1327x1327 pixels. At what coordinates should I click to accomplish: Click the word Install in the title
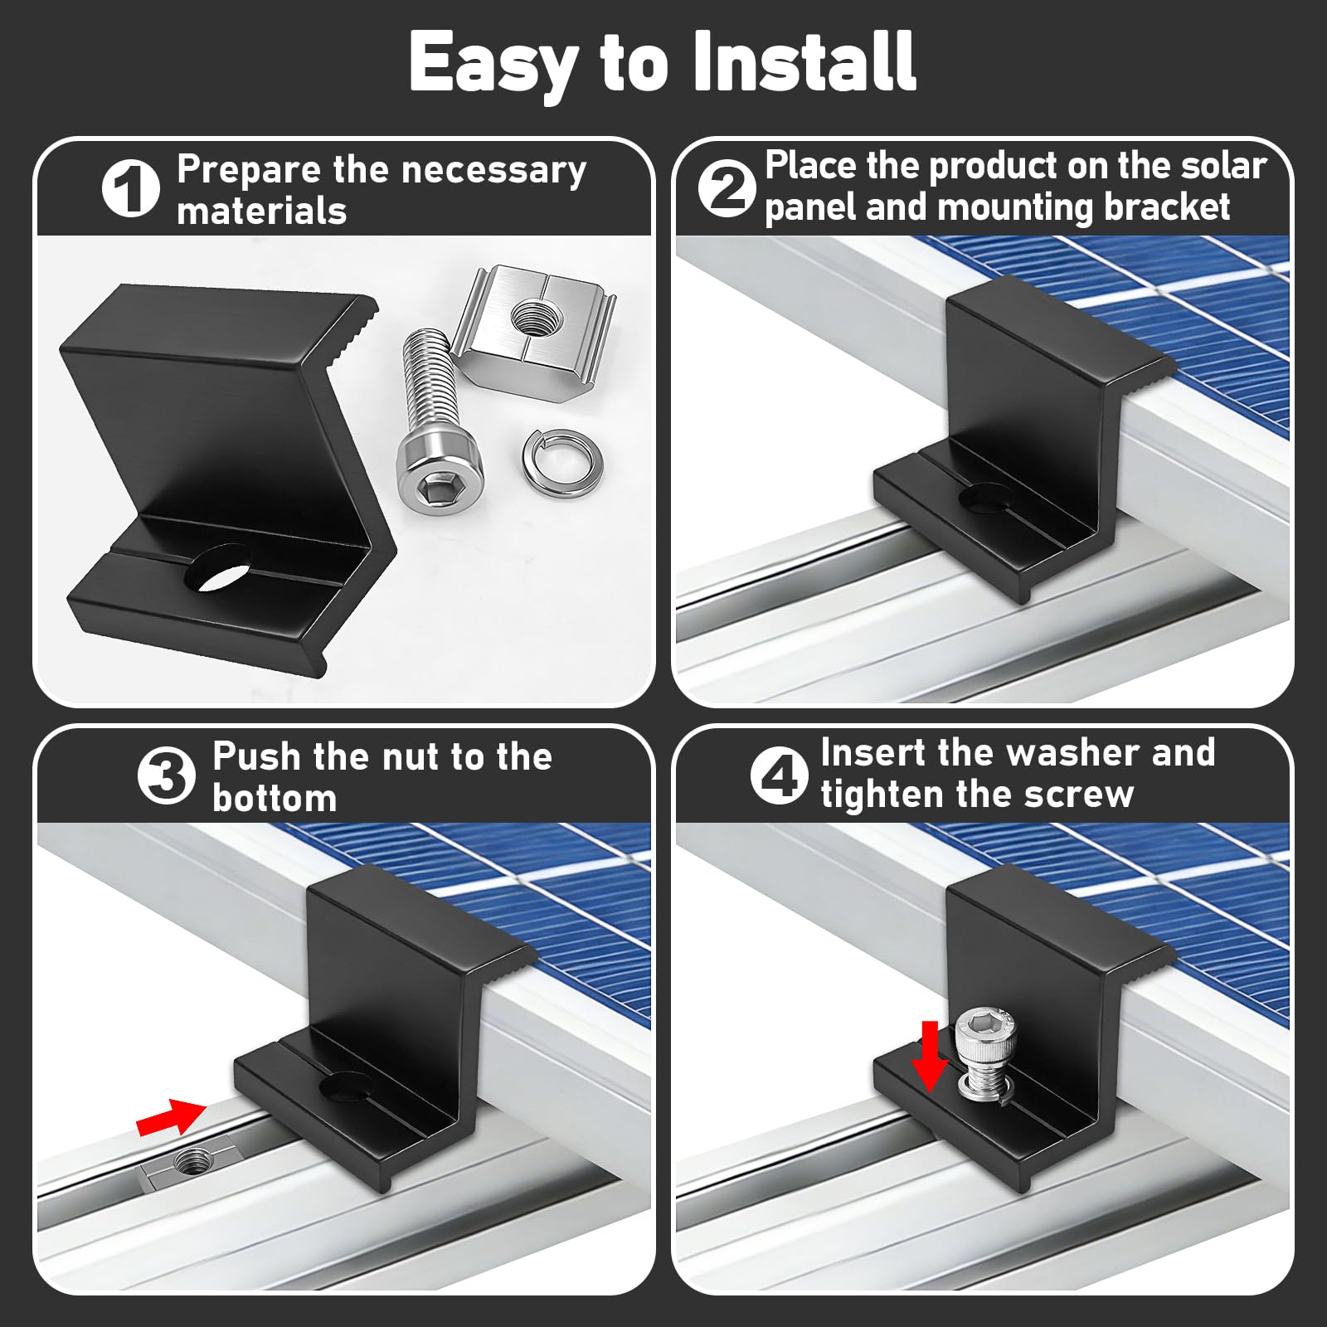coord(804,61)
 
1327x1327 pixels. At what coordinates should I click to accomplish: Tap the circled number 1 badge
coord(131,188)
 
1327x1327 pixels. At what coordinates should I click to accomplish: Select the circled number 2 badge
coord(727,188)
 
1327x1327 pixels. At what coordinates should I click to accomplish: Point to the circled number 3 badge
coord(167,776)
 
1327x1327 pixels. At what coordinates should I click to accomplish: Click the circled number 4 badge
coord(779,776)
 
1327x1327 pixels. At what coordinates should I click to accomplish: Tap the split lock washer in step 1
coord(562,463)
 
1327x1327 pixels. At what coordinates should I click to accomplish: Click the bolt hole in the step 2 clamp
coord(986,497)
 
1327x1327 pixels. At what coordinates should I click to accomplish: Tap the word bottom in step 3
coord(275,798)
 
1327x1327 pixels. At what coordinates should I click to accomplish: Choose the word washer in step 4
coord(1074,753)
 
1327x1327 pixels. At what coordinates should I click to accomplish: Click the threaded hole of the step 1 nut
coord(531,316)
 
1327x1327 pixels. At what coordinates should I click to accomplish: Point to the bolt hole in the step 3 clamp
coord(347,1086)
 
